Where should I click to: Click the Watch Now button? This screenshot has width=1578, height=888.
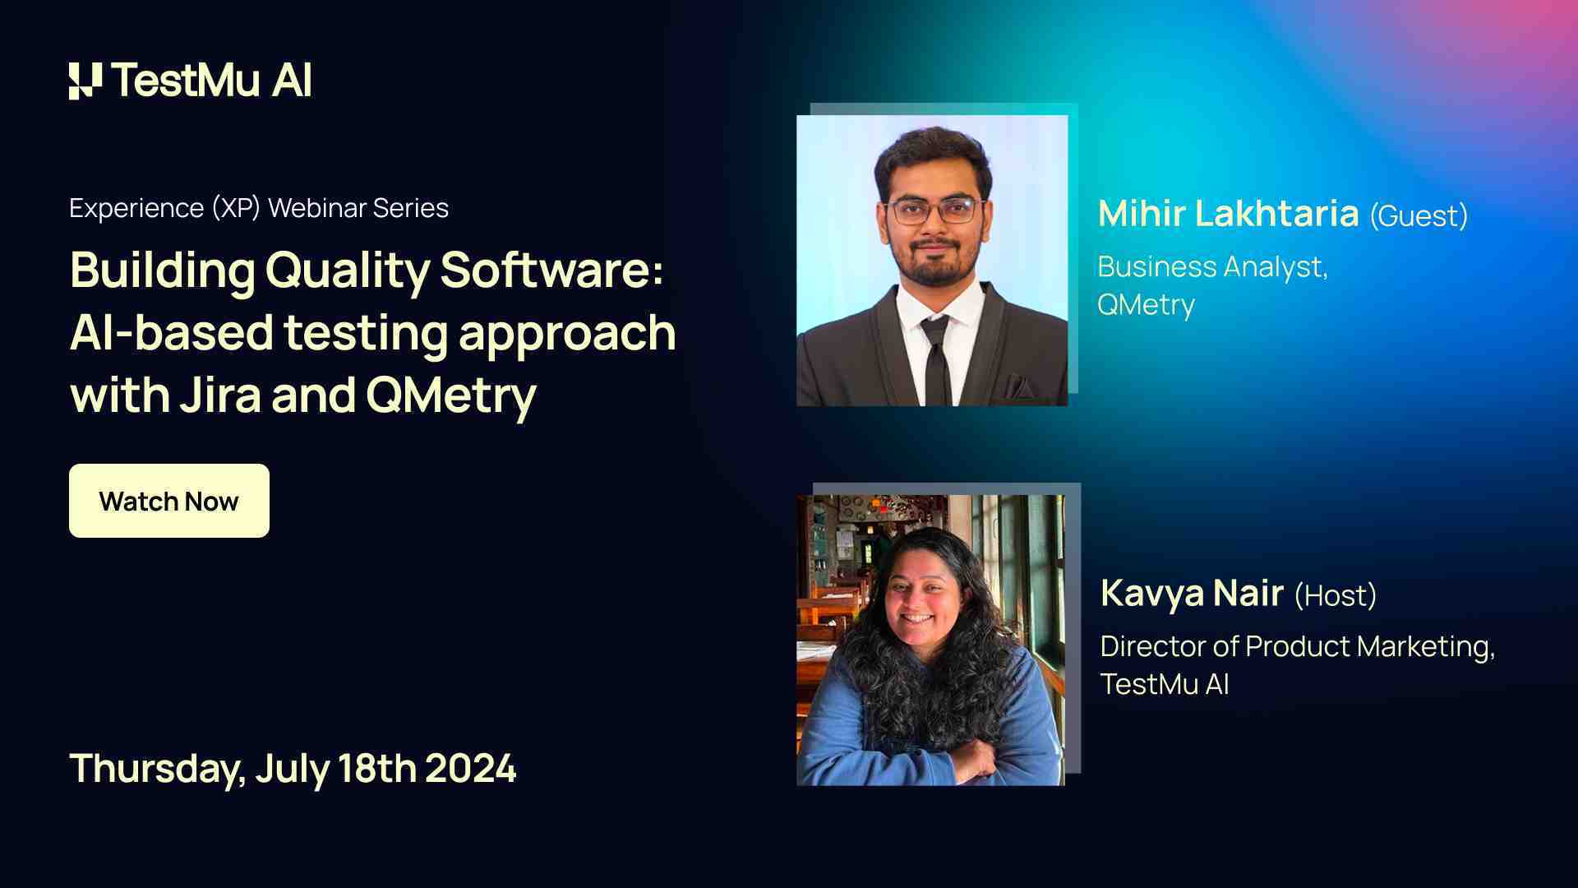(168, 501)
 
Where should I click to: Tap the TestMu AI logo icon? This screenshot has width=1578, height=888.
(85, 81)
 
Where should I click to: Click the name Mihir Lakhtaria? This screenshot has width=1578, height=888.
(1228, 214)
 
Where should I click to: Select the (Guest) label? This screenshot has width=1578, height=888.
(1419, 215)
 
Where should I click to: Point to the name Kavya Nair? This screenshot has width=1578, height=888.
(1192, 593)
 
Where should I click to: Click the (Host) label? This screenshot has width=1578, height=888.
(1336, 595)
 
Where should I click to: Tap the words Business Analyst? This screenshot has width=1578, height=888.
(1211, 266)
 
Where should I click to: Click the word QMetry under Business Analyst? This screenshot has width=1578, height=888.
(1146, 304)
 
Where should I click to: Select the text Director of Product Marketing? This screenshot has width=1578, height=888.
(1296, 646)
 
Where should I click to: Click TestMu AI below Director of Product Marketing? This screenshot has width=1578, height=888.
(1164, 684)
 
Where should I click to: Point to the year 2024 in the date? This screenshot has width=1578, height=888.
(471, 768)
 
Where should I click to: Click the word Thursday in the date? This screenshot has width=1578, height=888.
(156, 768)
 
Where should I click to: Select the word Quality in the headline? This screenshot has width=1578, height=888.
(347, 270)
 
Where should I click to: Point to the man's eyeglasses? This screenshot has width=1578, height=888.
(933, 210)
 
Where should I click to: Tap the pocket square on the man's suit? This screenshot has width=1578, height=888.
(1019, 386)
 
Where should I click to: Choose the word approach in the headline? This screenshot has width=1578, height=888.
(567, 333)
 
